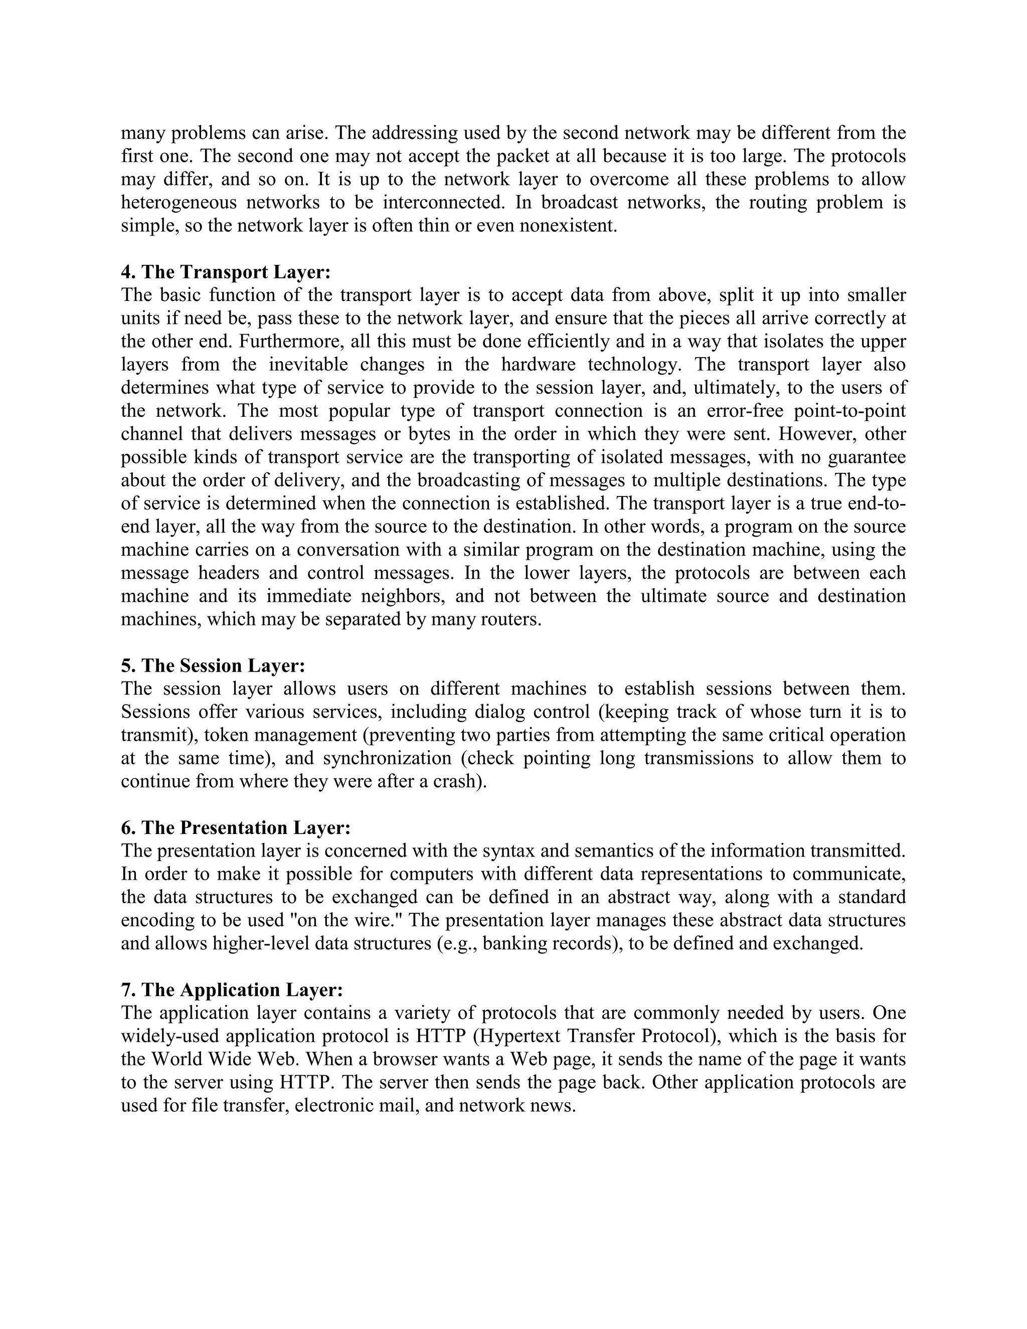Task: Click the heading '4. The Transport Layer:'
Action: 226,272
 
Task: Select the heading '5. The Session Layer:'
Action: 213,666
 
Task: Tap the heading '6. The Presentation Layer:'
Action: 236,827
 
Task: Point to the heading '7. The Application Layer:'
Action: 232,990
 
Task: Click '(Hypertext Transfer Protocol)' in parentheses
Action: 596,1036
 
